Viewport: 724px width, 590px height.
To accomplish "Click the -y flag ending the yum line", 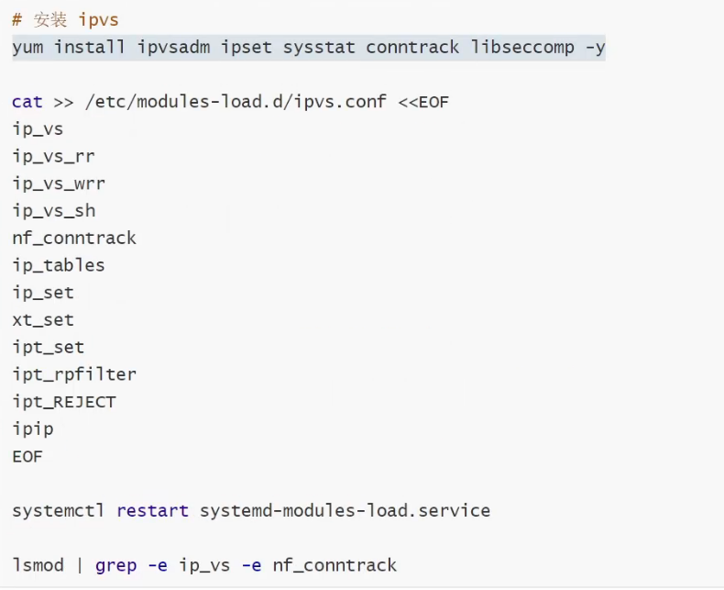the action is click(595, 47).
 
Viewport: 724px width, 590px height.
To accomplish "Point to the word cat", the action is click(27, 101).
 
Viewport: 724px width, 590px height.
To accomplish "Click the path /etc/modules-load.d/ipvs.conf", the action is click(236, 101).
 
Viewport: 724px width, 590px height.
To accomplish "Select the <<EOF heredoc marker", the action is click(423, 101).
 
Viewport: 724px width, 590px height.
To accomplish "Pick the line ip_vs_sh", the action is click(53, 211).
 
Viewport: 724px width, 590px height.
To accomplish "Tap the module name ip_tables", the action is click(59, 265).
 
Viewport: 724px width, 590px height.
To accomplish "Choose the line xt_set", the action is click(43, 320).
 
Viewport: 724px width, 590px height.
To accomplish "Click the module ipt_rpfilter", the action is click(74, 374).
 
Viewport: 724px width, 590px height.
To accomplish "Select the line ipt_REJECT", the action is click(64, 402).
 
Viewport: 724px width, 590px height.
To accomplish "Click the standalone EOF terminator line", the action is click(27, 456).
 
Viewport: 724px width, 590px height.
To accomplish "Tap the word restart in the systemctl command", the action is click(152, 510).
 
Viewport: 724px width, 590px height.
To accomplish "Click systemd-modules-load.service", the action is click(345, 510).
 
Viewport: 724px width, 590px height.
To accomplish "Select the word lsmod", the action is click(38, 565).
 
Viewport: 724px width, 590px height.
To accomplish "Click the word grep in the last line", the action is click(116, 565).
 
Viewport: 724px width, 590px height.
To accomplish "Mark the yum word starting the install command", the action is click(27, 47).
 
